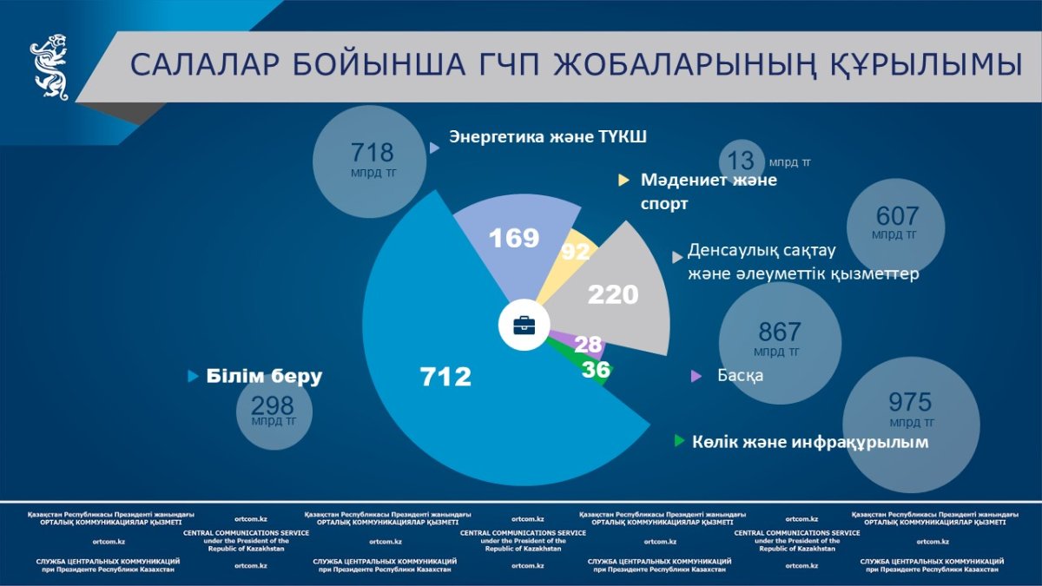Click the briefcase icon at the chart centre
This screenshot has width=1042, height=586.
coord(524,326)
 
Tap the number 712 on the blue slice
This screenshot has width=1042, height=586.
coord(445,377)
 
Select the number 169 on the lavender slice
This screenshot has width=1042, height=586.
coord(514,238)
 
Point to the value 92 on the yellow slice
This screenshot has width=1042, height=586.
coord(576,252)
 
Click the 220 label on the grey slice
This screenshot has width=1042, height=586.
coord(613,295)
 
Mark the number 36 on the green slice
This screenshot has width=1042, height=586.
coord(596,370)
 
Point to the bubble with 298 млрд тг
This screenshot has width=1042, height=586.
coord(273,411)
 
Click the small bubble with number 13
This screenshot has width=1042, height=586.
coord(742,161)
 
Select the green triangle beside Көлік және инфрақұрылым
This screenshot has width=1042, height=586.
coord(679,441)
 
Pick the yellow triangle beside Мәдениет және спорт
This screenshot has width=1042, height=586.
coord(623,181)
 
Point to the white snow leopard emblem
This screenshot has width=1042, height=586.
coord(50,67)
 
